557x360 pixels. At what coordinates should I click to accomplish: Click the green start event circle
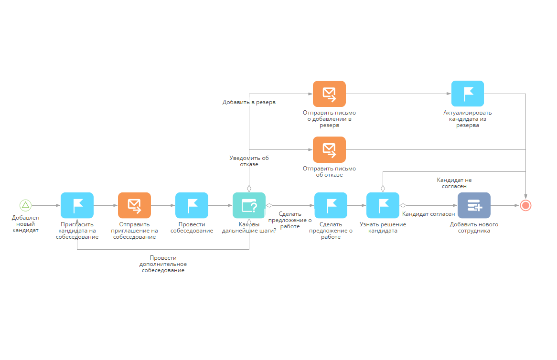pyautogui.click(x=25, y=205)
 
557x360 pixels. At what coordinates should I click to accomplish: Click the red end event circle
pyautogui.click(x=525, y=205)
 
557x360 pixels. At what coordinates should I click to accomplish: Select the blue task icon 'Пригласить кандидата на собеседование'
pyautogui.click(x=77, y=205)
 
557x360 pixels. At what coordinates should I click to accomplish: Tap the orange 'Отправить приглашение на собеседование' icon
pyautogui.click(x=134, y=205)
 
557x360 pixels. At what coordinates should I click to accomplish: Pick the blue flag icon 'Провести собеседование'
pyautogui.click(x=192, y=205)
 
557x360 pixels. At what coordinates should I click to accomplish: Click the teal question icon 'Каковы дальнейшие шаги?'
pyautogui.click(x=249, y=205)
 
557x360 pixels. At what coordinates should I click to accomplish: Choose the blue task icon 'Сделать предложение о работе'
pyautogui.click(x=331, y=205)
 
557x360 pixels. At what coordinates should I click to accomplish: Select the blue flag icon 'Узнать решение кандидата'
pyautogui.click(x=383, y=205)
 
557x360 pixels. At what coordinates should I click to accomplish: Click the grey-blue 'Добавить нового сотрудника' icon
pyautogui.click(x=474, y=205)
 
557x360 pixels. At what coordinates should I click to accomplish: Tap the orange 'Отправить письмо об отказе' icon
pyautogui.click(x=329, y=149)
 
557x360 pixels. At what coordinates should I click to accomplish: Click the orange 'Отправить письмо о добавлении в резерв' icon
pyautogui.click(x=329, y=94)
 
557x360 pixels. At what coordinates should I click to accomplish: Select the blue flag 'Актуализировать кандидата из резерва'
pyautogui.click(x=467, y=94)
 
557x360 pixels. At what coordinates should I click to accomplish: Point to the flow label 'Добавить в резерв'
pyautogui.click(x=249, y=102)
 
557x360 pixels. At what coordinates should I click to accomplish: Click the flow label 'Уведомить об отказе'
pyautogui.click(x=249, y=161)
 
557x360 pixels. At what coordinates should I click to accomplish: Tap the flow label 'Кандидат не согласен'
pyautogui.click(x=454, y=183)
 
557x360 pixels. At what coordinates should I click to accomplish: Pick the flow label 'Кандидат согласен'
pyautogui.click(x=428, y=214)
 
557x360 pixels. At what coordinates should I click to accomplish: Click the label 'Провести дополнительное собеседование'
pyautogui.click(x=163, y=264)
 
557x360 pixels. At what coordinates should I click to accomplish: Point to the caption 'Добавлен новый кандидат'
pyautogui.click(x=25, y=224)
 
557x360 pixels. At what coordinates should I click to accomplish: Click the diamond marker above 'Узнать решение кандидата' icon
pyautogui.click(x=383, y=188)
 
